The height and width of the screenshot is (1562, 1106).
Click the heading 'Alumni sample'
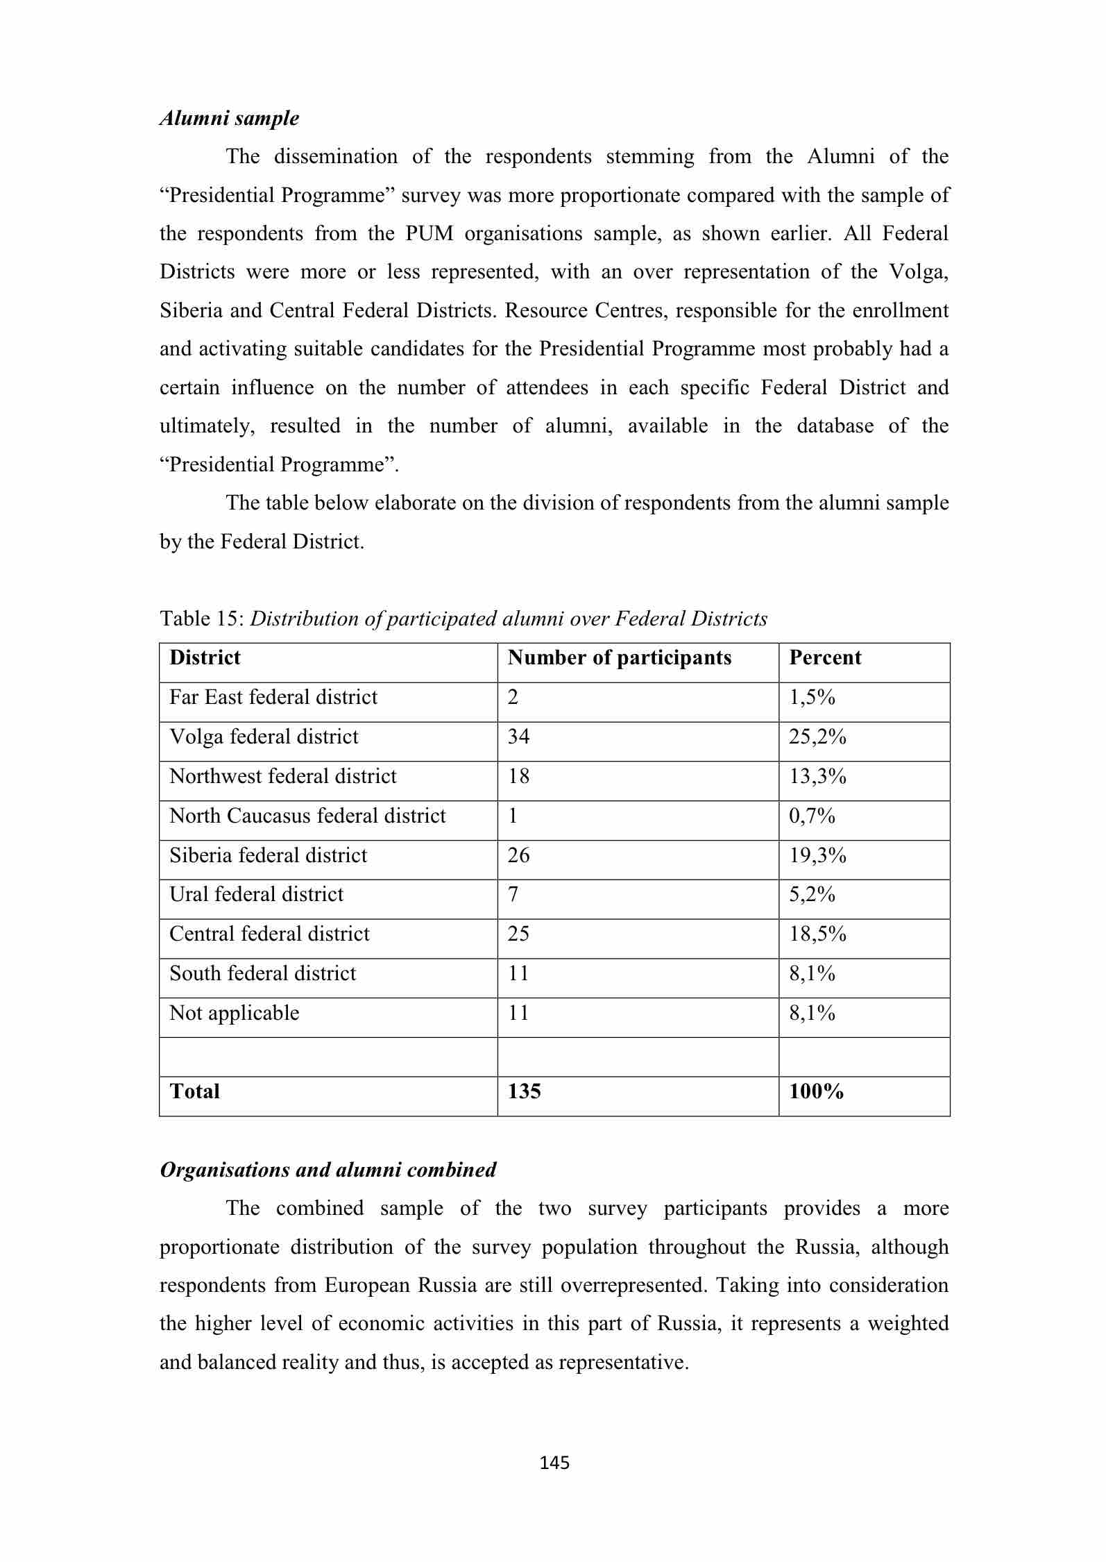[230, 118]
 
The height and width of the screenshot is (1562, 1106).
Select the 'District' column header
[205, 657]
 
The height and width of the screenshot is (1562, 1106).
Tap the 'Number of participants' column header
[619, 657]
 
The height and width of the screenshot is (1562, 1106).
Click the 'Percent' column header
[824, 657]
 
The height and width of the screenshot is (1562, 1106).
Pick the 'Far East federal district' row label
[273, 697]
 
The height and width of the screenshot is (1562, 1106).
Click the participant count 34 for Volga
[518, 737]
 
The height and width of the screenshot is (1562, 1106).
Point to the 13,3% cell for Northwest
[817, 776]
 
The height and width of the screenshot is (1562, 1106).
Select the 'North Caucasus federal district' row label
[307, 816]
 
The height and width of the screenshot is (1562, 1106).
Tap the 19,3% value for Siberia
[817, 855]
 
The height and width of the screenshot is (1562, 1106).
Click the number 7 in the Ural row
[513, 894]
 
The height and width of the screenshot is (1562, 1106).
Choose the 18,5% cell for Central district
[817, 934]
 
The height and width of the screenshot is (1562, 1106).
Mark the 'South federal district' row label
[262, 973]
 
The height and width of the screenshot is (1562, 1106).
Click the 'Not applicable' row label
[235, 1014]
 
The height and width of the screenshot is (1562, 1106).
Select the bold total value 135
[524, 1091]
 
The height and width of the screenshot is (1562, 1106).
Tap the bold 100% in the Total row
[816, 1091]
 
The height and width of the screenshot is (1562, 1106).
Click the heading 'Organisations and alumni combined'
[328, 1170]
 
